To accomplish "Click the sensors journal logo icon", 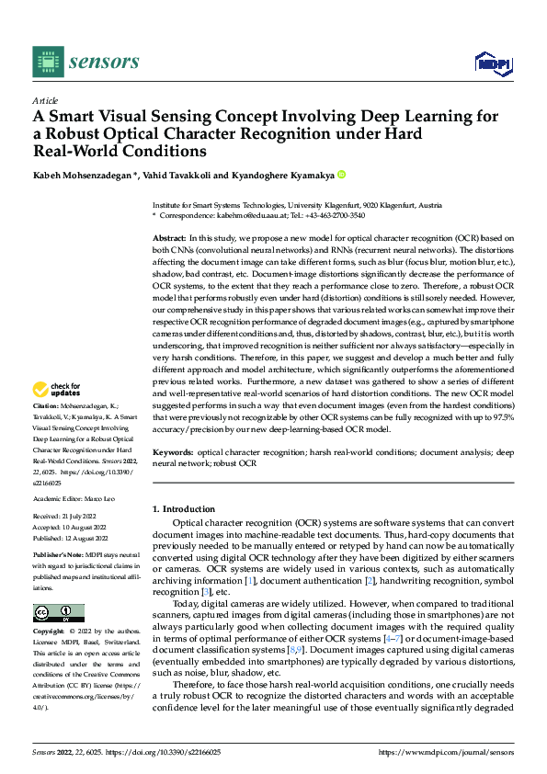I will click(49, 62).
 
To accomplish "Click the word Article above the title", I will click(45, 100).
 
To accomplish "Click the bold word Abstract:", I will click(172, 238).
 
